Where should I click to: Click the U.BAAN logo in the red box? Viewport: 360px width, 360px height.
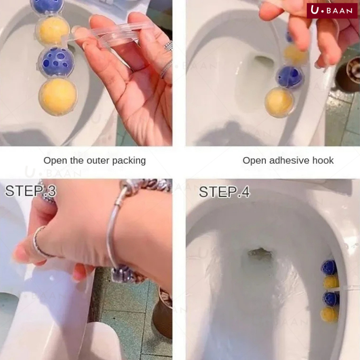click(x=332, y=10)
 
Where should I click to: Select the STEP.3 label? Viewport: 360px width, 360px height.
click(x=30, y=191)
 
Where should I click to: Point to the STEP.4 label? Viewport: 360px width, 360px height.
click(x=224, y=192)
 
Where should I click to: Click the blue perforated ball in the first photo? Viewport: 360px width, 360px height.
click(x=56, y=61)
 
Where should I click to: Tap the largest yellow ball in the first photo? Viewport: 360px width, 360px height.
click(x=58, y=97)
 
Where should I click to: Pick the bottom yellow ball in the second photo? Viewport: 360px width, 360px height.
click(x=279, y=102)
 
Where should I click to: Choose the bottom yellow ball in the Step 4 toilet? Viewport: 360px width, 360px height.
click(x=329, y=314)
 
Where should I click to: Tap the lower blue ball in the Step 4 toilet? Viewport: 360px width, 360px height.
click(x=331, y=299)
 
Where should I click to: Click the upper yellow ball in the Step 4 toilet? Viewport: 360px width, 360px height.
click(x=331, y=282)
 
